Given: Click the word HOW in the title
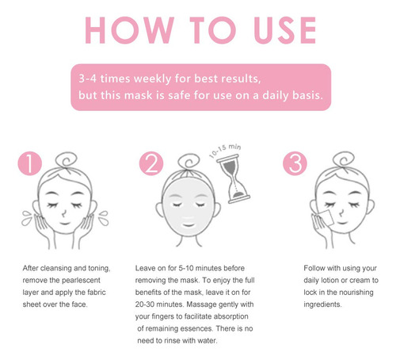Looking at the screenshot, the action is pyautogui.click(x=129, y=30).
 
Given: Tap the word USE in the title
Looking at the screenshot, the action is pyautogui.click(x=285, y=30).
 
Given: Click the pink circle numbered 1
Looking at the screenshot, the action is pyautogui.click(x=30, y=163).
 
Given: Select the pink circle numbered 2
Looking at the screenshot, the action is pyautogui.click(x=151, y=163).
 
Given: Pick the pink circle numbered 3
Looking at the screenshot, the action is pyautogui.click(x=295, y=163).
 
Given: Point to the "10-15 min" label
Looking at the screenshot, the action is pyautogui.click(x=225, y=151).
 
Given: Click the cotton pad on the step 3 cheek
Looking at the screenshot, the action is pyautogui.click(x=326, y=218).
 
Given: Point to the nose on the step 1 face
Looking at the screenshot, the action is pyautogui.click(x=64, y=213).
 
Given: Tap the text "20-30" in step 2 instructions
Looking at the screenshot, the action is pyautogui.click(x=145, y=304).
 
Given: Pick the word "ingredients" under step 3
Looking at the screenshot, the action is pyautogui.click(x=322, y=304).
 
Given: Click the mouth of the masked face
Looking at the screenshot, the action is pyautogui.click(x=188, y=225).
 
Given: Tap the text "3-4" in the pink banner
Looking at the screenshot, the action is pyautogui.click(x=88, y=79).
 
